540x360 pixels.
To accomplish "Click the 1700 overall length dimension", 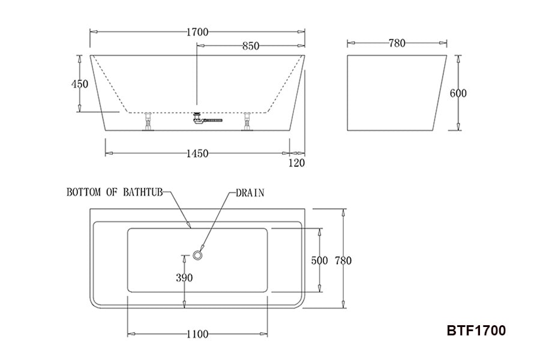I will (197, 32).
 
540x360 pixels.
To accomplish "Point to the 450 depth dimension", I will (80, 83).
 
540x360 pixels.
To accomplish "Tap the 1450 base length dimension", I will (197, 154).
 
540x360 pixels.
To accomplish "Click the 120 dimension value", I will (296, 163).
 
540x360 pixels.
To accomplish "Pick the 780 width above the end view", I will (397, 43).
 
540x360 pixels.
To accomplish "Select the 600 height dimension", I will (458, 93).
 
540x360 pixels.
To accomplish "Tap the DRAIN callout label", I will (250, 193).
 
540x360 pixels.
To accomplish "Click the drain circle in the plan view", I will (199, 256).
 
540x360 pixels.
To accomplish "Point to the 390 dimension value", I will (184, 278).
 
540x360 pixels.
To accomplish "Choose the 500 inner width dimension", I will (320, 260).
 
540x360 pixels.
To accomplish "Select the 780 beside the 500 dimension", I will (343, 260).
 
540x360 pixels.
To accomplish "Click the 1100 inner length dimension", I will (197, 334).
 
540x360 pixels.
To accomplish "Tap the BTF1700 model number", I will (476, 330).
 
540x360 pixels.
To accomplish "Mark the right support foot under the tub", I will (247, 122).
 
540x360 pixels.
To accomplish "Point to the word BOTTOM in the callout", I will (83, 193).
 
